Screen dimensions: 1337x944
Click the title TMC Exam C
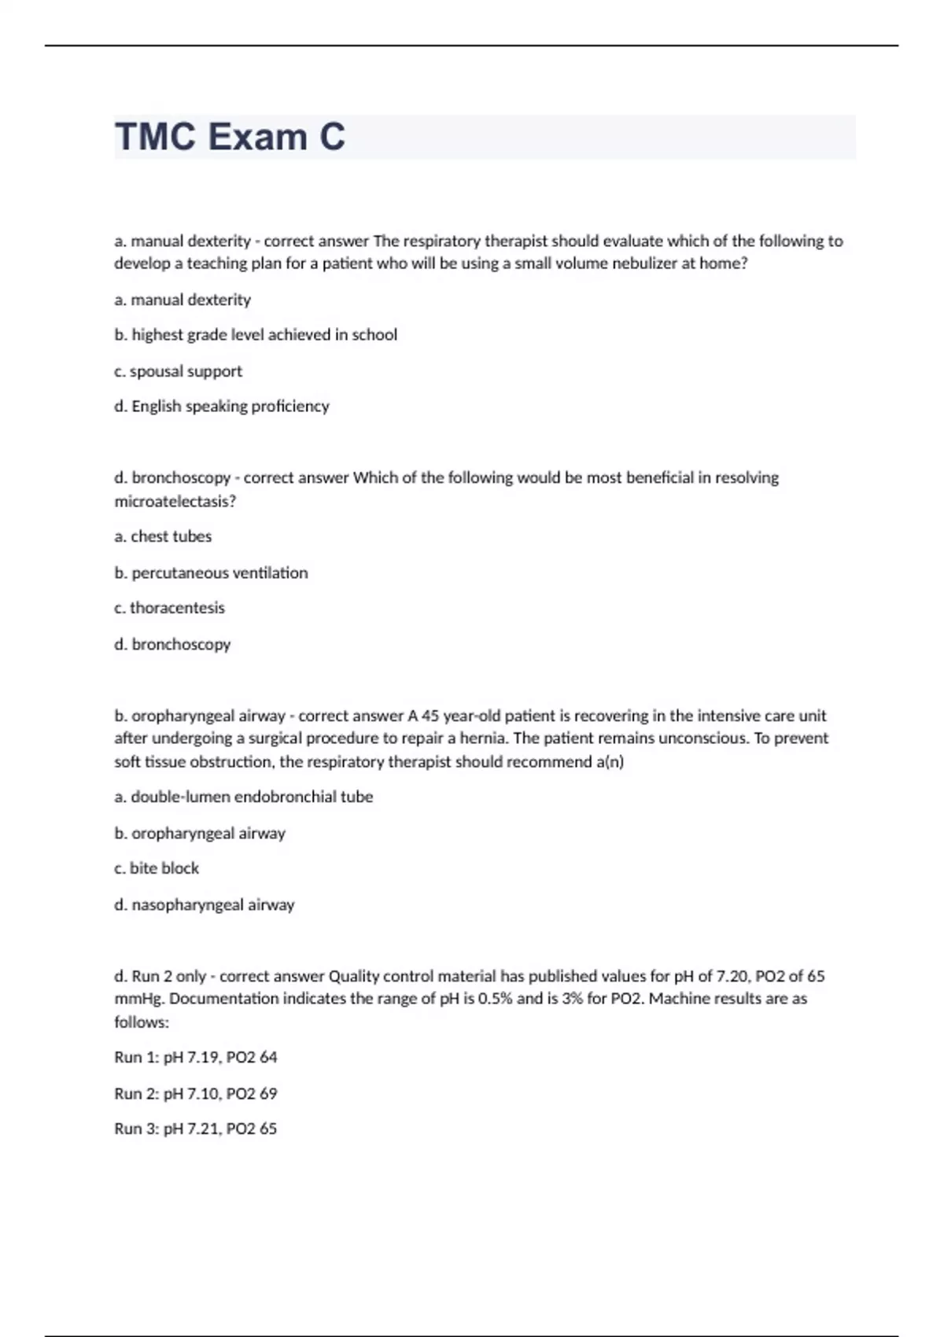point(230,137)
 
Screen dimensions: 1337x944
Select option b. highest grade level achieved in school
point(256,335)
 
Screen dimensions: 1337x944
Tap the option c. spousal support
point(178,371)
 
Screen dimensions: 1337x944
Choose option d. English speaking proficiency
point(222,407)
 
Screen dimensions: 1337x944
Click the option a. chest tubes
point(163,536)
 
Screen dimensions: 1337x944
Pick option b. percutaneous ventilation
point(211,573)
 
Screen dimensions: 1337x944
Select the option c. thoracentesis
point(169,608)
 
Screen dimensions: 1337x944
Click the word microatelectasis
point(175,501)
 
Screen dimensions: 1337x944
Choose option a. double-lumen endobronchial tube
point(244,797)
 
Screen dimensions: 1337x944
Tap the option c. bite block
point(157,868)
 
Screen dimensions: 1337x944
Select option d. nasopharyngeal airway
point(205,904)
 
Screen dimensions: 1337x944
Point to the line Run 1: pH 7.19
point(195,1058)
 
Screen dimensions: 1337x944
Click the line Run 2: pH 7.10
point(195,1093)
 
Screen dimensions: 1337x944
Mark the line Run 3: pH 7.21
point(195,1129)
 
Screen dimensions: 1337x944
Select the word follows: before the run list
point(142,1022)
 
